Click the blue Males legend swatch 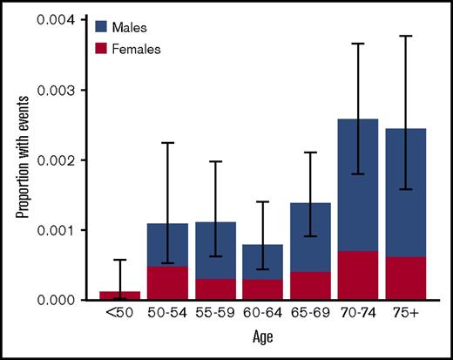[x=101, y=28]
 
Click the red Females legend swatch [x=101, y=50]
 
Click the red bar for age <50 [x=119, y=296]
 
